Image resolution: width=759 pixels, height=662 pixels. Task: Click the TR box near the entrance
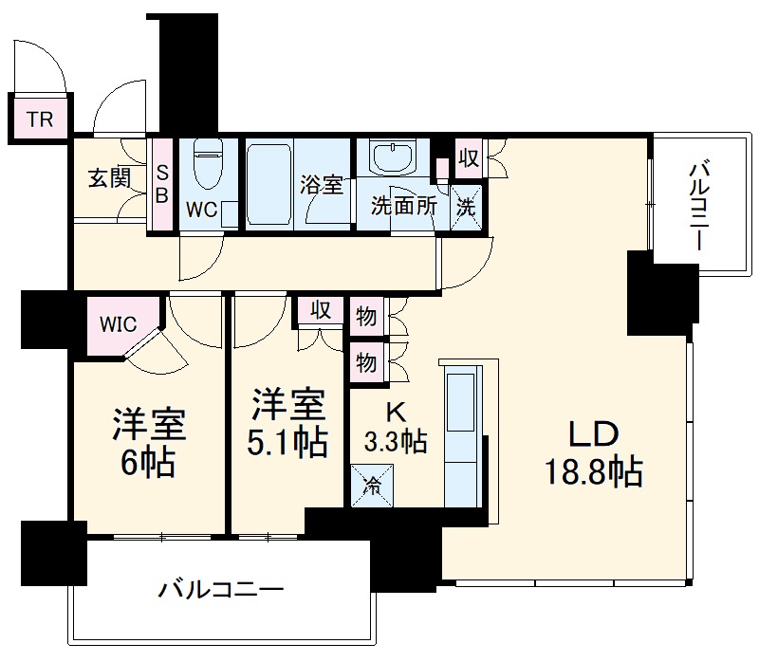[39, 120]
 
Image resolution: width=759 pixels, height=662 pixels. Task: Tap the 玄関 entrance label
[110, 177]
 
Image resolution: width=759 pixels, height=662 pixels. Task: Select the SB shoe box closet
[161, 185]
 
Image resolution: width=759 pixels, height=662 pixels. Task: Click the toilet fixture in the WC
[206, 168]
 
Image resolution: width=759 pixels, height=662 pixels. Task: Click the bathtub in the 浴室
[269, 183]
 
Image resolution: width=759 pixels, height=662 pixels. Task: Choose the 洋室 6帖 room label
[148, 441]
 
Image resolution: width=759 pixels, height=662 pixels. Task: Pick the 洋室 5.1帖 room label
[288, 422]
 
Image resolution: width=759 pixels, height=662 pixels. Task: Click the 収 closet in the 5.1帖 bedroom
[320, 311]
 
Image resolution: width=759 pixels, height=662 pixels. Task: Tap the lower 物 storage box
[365, 361]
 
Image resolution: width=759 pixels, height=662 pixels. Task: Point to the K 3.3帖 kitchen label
[396, 429]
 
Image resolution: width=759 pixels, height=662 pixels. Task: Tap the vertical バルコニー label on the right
[699, 205]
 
